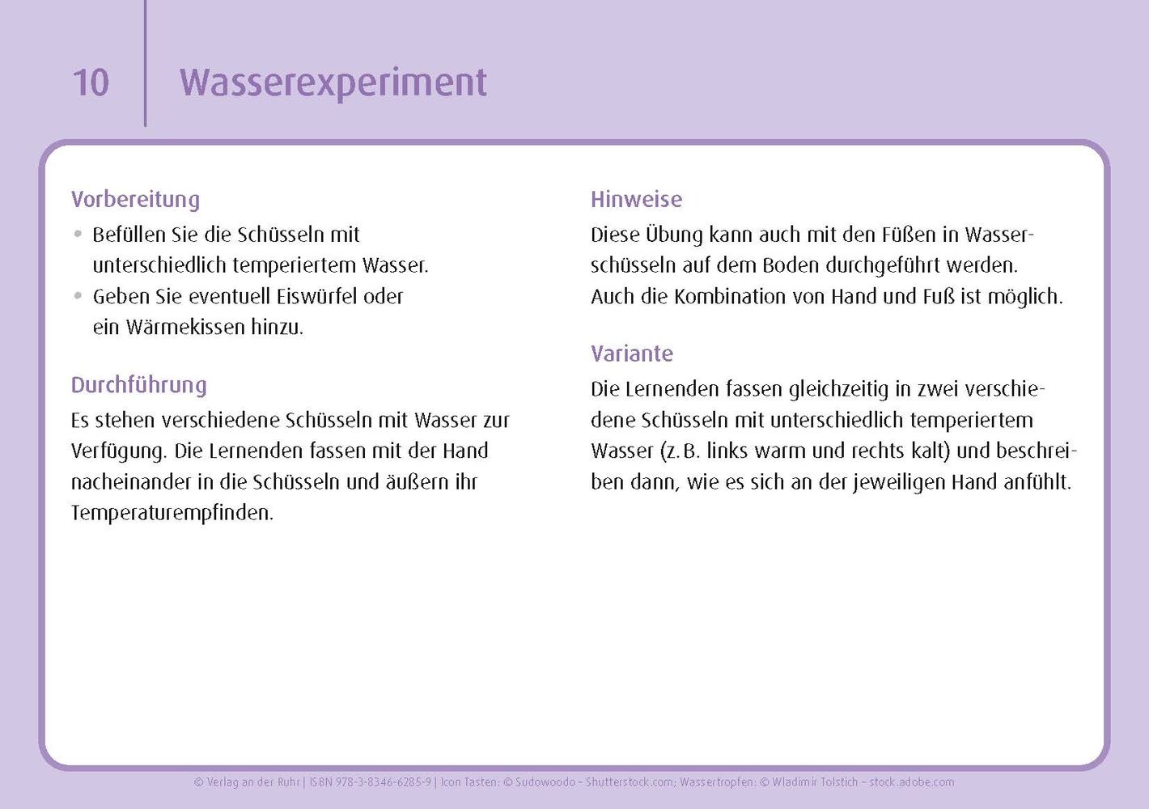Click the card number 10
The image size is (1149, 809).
click(x=91, y=82)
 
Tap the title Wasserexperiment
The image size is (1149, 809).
click(x=333, y=83)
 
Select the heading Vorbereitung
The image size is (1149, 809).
click(x=135, y=200)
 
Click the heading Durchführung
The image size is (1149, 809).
click(x=138, y=385)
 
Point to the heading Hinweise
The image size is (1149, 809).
click(x=636, y=199)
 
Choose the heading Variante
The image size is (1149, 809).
click(x=631, y=354)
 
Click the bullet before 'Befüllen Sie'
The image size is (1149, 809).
click(x=78, y=235)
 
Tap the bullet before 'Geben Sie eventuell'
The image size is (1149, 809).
click(x=78, y=296)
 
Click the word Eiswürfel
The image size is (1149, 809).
click(x=316, y=297)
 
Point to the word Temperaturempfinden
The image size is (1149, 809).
click(x=172, y=513)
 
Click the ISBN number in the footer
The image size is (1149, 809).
click(x=370, y=781)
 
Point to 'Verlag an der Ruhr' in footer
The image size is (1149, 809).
click(x=247, y=782)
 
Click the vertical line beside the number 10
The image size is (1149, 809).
click(x=146, y=63)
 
